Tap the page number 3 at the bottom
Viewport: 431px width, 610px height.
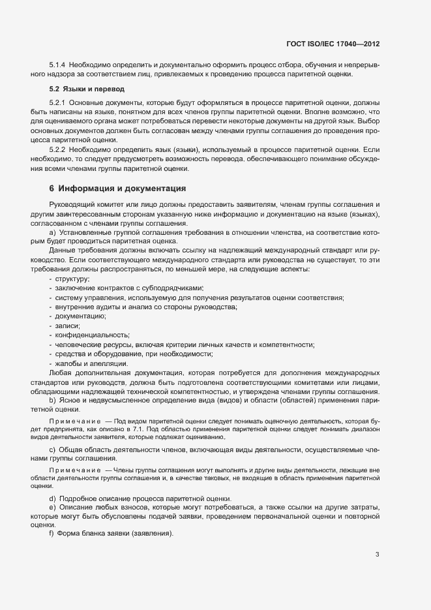377,555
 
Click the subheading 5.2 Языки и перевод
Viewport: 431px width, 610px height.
87,88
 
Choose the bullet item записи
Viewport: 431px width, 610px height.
68,326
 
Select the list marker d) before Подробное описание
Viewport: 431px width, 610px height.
52,498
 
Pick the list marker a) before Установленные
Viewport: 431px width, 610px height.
52,232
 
